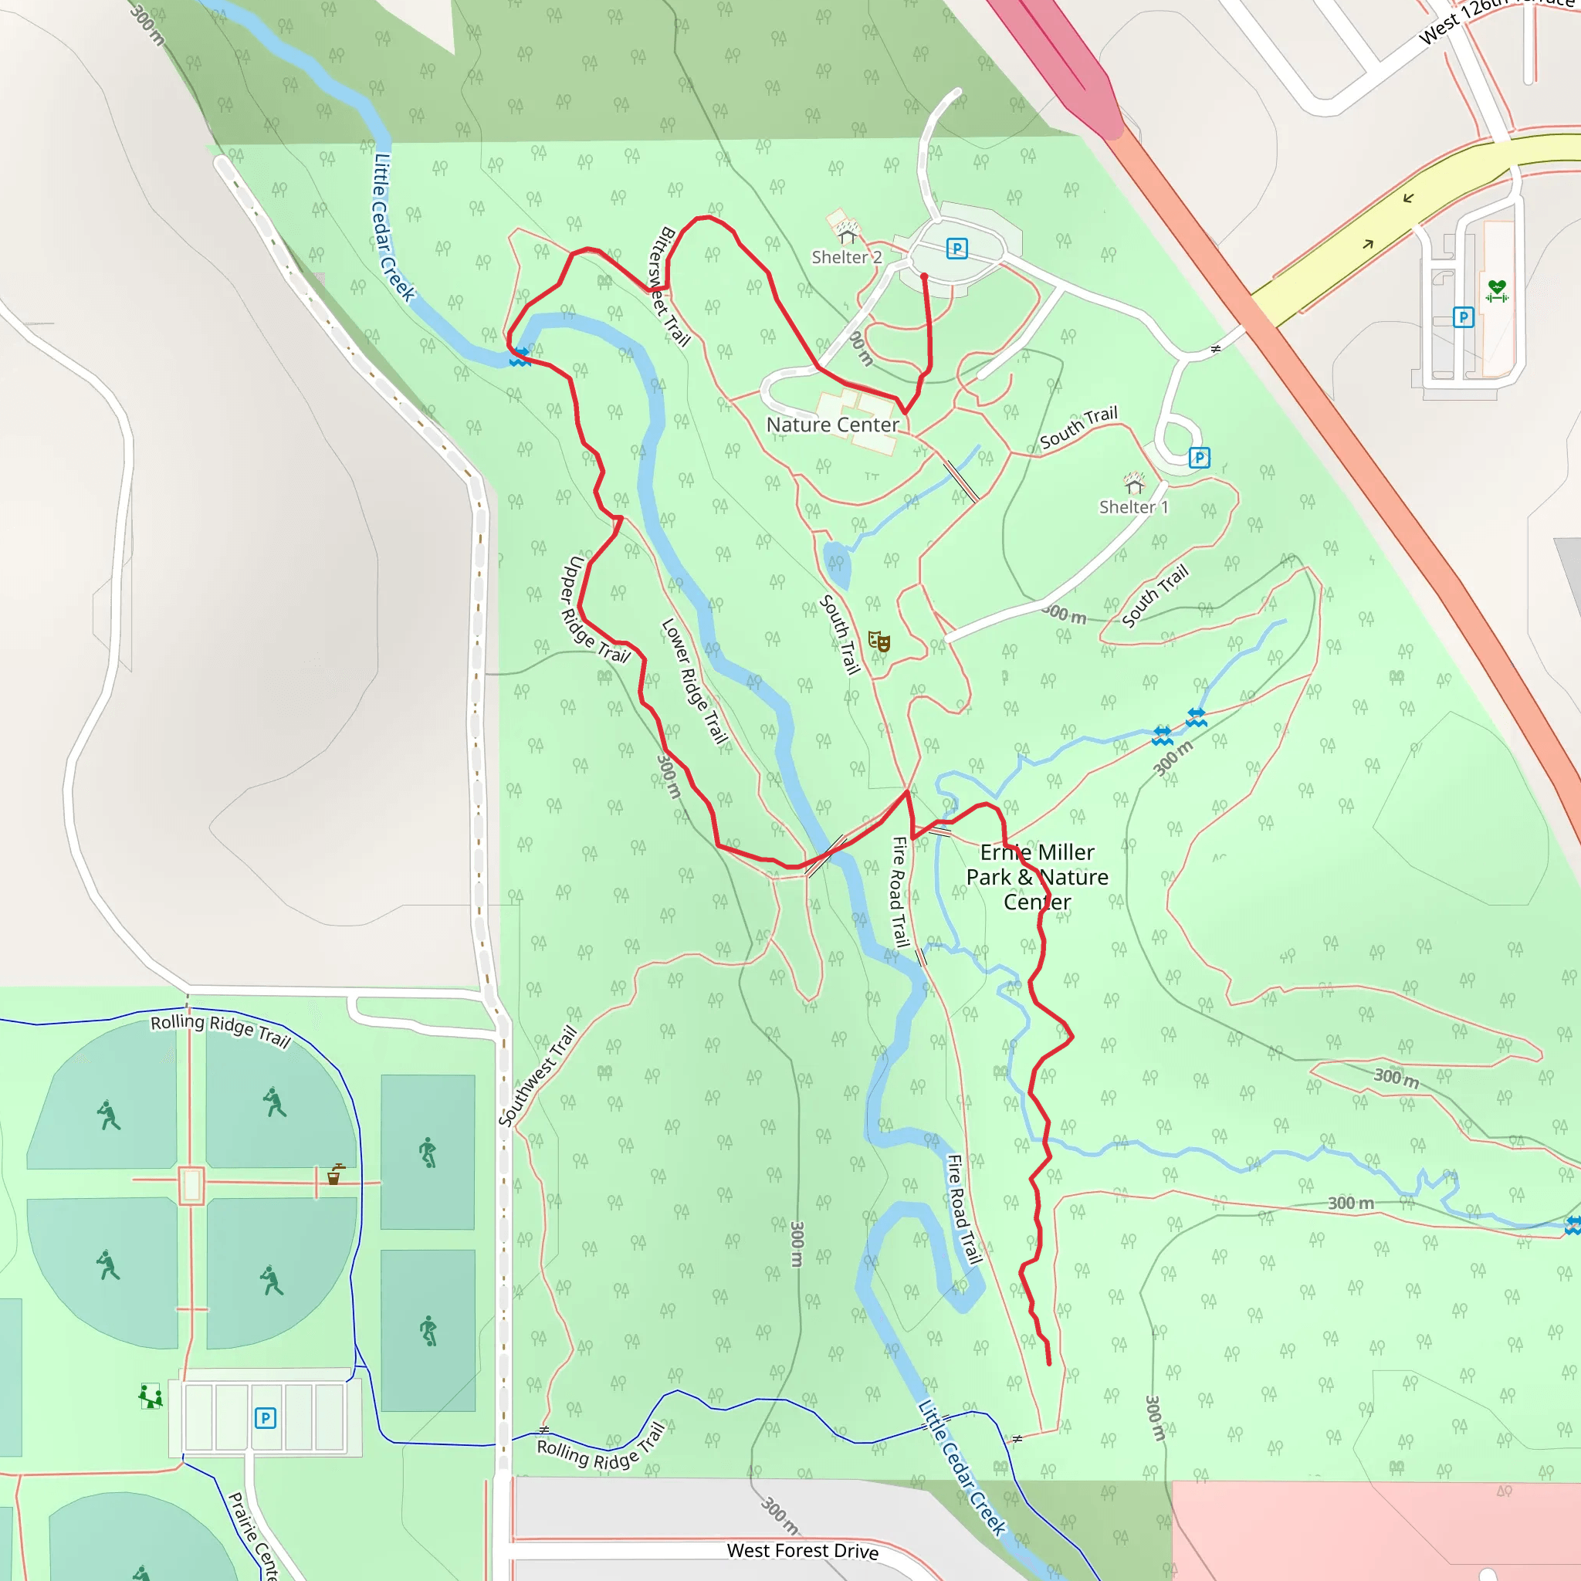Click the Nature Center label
coord(832,425)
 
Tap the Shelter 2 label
coord(846,257)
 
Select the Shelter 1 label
coord(1133,506)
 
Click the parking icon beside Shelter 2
coord(956,248)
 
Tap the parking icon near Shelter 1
coord(1199,458)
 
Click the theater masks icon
coord(879,641)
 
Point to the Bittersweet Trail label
coord(669,286)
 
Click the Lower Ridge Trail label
coord(694,681)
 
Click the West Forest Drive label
coord(802,1550)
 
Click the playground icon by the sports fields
coord(151,1396)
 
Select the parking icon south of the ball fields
coord(265,1417)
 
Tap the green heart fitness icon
coord(1497,289)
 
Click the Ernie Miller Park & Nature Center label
coord(1037,876)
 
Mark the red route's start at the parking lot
coord(924,277)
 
